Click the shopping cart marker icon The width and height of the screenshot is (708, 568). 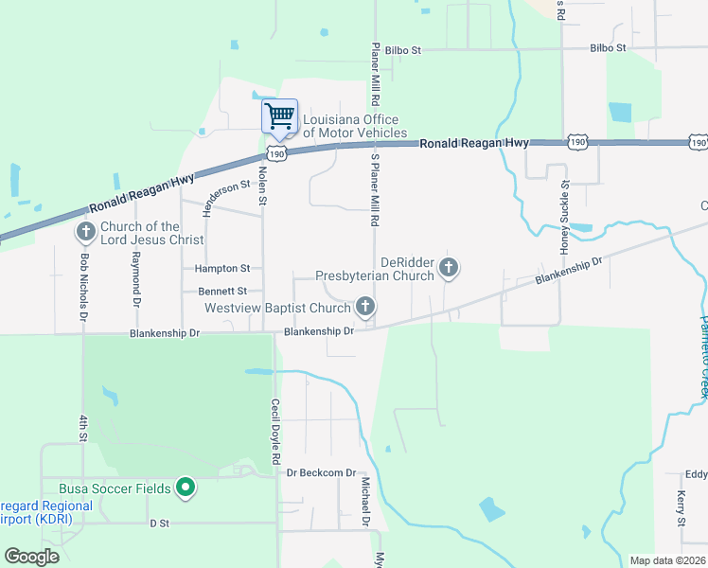pyautogui.click(x=279, y=117)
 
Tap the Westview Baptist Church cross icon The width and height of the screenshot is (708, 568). pyautogui.click(x=365, y=307)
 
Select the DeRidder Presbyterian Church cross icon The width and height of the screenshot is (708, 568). pyautogui.click(x=449, y=269)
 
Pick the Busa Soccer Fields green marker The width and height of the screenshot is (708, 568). pyautogui.click(x=186, y=488)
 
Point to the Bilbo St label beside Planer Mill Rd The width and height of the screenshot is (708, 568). pyautogui.click(x=402, y=48)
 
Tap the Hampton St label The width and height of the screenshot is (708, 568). pyautogui.click(x=222, y=269)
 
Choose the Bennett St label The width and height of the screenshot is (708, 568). pyautogui.click(x=222, y=291)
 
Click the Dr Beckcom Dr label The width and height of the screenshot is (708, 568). pyautogui.click(x=321, y=472)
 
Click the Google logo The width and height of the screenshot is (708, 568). pyautogui.click(x=32, y=557)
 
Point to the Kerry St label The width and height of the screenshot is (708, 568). pyautogui.click(x=681, y=509)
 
